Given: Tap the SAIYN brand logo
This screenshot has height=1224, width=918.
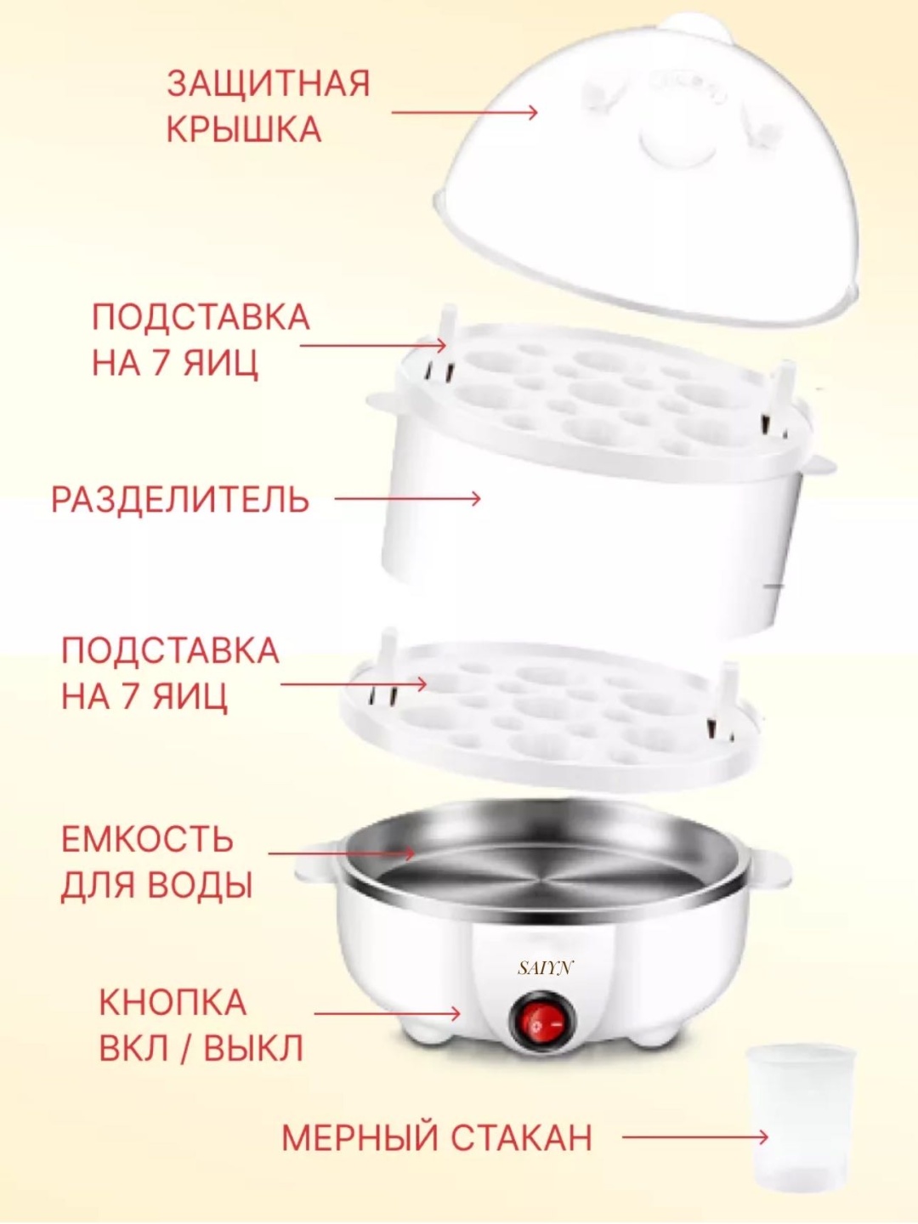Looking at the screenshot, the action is tap(544, 970).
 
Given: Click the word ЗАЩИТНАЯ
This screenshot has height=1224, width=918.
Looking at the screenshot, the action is tap(269, 84).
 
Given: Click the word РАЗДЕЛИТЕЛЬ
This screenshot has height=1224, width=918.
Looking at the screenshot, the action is tap(180, 499).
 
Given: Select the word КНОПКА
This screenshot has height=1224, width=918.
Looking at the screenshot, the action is tap(173, 1003).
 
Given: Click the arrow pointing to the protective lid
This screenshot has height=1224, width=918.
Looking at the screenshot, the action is tap(464, 112).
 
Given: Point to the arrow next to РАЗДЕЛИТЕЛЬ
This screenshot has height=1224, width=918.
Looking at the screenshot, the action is tap(407, 498).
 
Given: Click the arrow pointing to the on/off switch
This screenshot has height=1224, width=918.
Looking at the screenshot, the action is tap(388, 1013).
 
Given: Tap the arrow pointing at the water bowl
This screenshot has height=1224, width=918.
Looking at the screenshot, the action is tap(341, 869).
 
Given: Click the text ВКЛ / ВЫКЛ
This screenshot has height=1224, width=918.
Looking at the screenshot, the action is tap(201, 1049).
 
